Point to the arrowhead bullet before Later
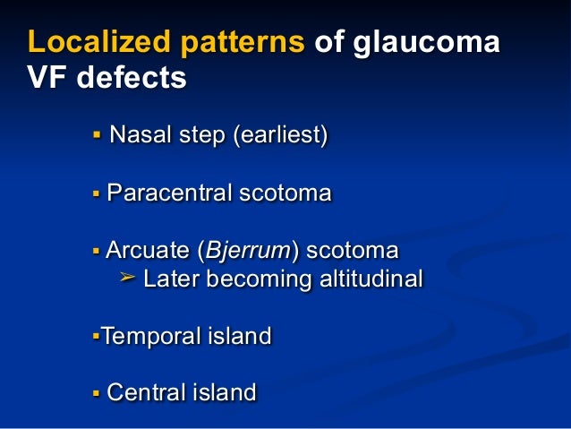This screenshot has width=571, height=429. [x=127, y=279]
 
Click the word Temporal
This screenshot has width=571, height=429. [x=146, y=337]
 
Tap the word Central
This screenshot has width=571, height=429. [x=142, y=391]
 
